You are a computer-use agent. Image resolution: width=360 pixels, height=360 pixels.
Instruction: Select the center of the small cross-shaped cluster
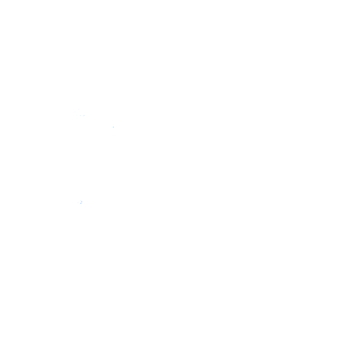pos(82,202)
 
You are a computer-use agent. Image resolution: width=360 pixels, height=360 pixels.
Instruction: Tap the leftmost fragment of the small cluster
pos(78,202)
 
